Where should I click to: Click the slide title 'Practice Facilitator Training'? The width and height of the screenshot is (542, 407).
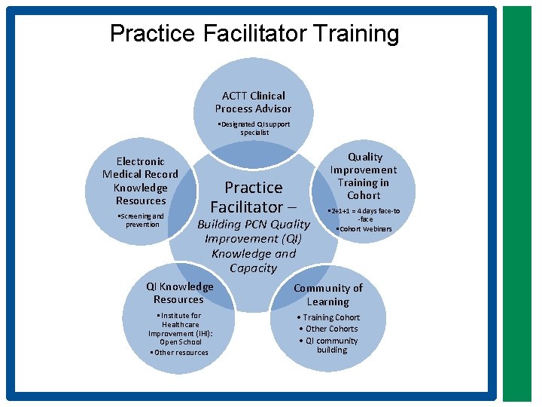[x=254, y=34]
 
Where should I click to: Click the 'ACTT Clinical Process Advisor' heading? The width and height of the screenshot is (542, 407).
[x=253, y=102]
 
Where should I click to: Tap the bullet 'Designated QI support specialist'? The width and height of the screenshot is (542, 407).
[x=254, y=128]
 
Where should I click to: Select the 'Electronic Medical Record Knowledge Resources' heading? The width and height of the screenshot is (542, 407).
[x=141, y=181]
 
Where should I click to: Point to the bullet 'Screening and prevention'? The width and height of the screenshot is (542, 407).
[x=142, y=220]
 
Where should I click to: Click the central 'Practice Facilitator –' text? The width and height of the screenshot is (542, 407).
[x=254, y=197]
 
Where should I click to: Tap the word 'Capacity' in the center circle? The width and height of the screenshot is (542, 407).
[x=253, y=268]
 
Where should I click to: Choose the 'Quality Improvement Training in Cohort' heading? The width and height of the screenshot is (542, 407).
[x=364, y=176]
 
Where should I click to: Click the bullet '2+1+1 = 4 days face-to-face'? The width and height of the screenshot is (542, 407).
[x=365, y=215]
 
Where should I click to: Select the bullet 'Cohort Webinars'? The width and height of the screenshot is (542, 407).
[x=364, y=228]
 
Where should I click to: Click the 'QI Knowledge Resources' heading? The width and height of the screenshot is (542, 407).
[x=179, y=292]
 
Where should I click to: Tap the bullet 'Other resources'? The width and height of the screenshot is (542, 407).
[x=180, y=352]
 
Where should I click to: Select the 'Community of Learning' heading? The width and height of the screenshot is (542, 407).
[x=327, y=295]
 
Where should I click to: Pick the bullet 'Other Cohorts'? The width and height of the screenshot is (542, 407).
[x=329, y=329]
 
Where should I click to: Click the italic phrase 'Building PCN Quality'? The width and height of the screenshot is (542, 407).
[x=253, y=225]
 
